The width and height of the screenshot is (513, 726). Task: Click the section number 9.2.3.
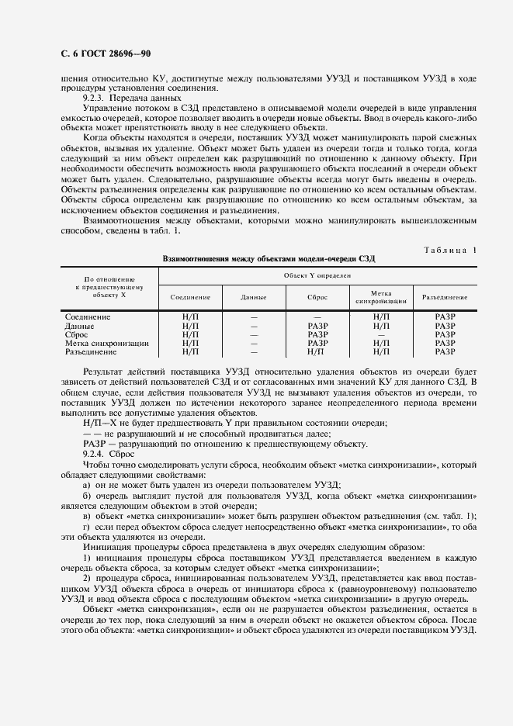pyautogui.click(x=95, y=99)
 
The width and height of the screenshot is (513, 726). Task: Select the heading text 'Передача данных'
pyautogui.click(x=134, y=99)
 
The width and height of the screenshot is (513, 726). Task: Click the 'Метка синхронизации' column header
pyautogui.click(x=380, y=297)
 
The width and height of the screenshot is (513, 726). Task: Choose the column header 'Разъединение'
pyautogui.click(x=444, y=297)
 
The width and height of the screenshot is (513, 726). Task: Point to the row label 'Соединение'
pyautogui.click(x=88, y=317)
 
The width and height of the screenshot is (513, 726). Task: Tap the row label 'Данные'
pyautogui.click(x=81, y=326)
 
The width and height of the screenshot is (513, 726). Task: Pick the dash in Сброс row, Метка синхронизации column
pyautogui.click(x=380, y=334)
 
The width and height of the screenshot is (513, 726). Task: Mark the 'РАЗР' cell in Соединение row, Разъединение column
pyautogui.click(x=445, y=317)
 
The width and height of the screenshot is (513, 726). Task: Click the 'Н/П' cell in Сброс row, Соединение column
pyautogui.click(x=190, y=334)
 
